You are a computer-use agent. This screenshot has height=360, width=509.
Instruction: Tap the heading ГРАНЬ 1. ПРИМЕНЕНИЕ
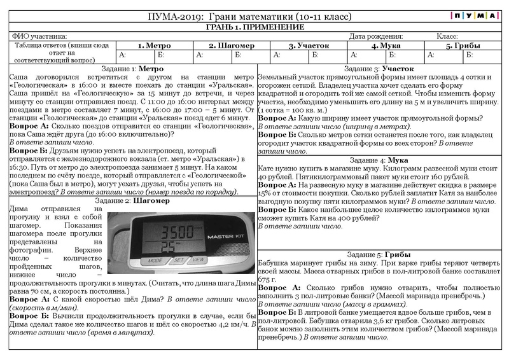point(254,27)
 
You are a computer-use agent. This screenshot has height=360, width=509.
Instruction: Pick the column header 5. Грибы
point(463,46)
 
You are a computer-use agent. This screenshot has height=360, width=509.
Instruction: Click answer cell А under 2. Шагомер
point(213,55)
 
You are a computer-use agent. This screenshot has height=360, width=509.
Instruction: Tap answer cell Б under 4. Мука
point(405,55)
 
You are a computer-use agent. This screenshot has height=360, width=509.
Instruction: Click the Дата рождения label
point(376,36)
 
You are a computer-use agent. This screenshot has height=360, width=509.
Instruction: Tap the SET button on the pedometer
point(179,260)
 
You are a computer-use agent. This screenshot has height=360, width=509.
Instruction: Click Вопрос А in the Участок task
point(277,118)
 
